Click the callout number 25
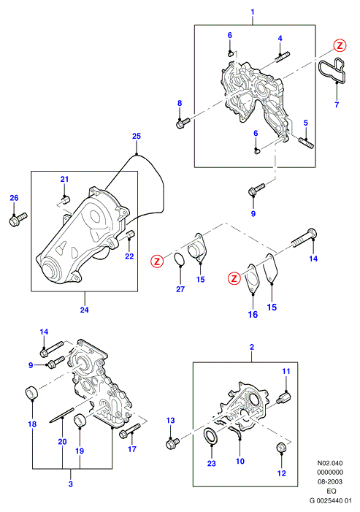pyautogui.click(x=137, y=136)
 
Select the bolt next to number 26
pyautogui.click(x=18, y=219)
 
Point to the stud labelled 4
pyautogui.click(x=283, y=57)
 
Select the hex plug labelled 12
pyautogui.click(x=282, y=447)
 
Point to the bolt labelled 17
pyautogui.click(x=130, y=431)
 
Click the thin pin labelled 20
pyautogui.click(x=62, y=415)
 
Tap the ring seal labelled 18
pyautogui.click(x=32, y=391)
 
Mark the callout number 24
pyautogui.click(x=84, y=309)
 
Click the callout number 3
pyautogui.click(x=71, y=484)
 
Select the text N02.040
pyautogui.click(x=330, y=462)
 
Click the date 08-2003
pyautogui.click(x=330, y=481)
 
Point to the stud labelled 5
pyautogui.click(x=306, y=143)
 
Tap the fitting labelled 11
pyautogui.click(x=284, y=398)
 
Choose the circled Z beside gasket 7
pyautogui.click(x=340, y=46)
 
